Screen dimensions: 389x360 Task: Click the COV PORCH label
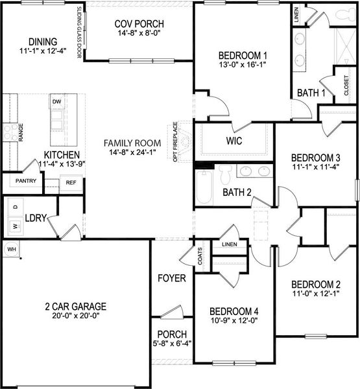click(139, 25)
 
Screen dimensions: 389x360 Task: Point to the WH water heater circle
click(11, 249)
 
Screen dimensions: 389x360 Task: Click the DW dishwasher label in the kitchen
click(57, 102)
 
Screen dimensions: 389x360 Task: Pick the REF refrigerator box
click(71, 183)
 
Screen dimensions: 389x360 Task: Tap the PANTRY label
click(25, 181)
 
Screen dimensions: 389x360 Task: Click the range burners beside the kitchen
click(10, 132)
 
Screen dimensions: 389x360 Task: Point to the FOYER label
click(172, 279)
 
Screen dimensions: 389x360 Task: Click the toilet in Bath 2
click(225, 174)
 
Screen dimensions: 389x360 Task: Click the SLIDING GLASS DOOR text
click(79, 33)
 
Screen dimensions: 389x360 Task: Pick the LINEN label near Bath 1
click(296, 15)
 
